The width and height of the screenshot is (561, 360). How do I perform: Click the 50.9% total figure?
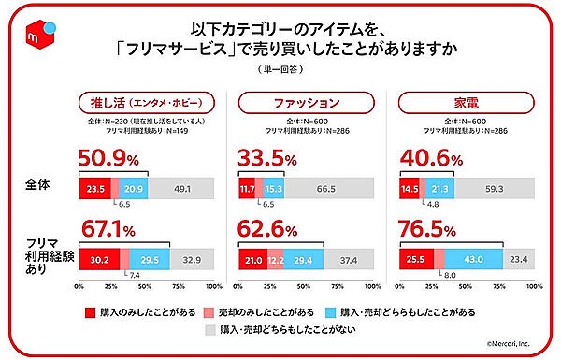(113, 162)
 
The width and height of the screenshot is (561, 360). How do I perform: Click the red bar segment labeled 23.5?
(94, 189)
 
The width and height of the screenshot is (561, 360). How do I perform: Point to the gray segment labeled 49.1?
(180, 189)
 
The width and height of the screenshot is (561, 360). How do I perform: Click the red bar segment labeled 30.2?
(99, 259)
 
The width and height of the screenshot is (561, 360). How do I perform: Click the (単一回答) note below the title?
(280, 71)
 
